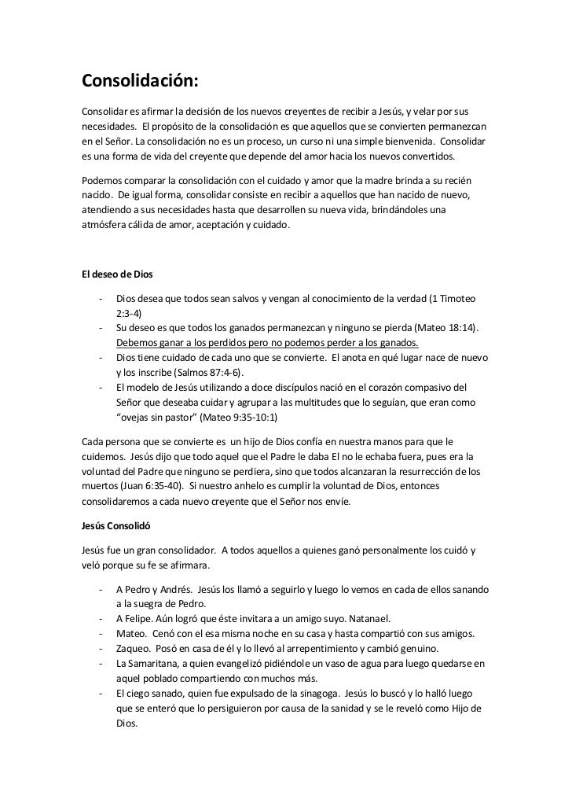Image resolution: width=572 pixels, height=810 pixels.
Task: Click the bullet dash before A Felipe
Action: pos(101,619)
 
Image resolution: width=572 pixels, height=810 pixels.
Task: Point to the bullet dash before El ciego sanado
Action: pos(101,693)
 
